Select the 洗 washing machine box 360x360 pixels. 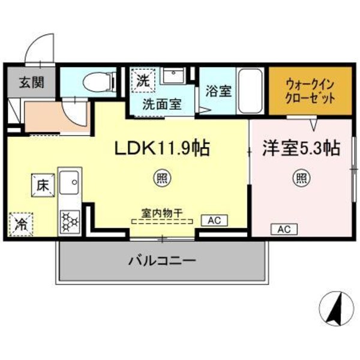(x=143, y=79)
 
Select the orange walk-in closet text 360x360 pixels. (x=310, y=91)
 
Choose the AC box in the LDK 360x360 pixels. (x=215, y=221)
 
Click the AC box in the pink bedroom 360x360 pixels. (x=284, y=229)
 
